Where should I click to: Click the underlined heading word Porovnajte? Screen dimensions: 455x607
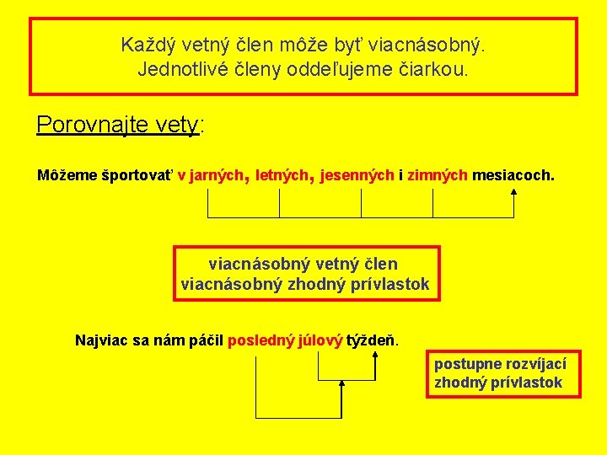click(x=92, y=126)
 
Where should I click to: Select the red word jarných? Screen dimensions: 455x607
click(x=216, y=176)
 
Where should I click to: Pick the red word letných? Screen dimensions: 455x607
click(x=283, y=176)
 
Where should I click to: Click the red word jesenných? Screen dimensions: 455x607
click(x=357, y=176)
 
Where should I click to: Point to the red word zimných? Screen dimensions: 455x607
click(x=438, y=176)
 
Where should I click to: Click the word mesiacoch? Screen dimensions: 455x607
click(x=513, y=176)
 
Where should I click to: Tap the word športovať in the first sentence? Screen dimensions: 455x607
click(x=137, y=176)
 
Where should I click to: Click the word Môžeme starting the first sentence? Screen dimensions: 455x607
click(x=67, y=176)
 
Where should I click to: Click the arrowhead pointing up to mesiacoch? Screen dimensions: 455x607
click(x=513, y=192)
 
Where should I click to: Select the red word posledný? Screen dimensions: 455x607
click(x=260, y=340)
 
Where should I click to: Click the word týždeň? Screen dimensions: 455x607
click(x=372, y=340)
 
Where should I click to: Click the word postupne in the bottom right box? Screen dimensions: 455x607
click(x=466, y=364)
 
